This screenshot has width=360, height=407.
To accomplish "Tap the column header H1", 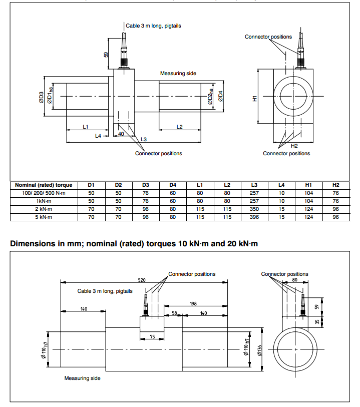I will [x=308, y=185].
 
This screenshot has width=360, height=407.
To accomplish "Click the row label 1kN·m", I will [x=44, y=200].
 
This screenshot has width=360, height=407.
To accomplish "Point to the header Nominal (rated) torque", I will [x=44, y=185].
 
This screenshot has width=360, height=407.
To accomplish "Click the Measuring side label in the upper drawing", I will [x=178, y=74].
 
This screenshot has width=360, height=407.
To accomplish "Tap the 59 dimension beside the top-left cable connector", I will [x=106, y=54].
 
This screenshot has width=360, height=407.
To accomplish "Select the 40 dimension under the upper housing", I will [x=121, y=134].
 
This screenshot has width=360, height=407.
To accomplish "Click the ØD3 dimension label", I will [x=41, y=97].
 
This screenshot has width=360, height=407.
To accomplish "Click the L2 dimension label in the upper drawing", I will [x=180, y=127].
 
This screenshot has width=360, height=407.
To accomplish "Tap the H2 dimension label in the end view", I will [x=294, y=146].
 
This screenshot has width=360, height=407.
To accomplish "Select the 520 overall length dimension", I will [x=142, y=280].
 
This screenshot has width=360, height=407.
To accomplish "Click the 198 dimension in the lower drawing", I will [x=193, y=304].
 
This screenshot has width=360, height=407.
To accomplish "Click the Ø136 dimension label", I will [x=259, y=350].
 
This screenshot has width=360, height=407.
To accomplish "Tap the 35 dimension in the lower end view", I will [x=316, y=323].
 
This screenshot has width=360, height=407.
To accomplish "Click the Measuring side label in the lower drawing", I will [x=82, y=378].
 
